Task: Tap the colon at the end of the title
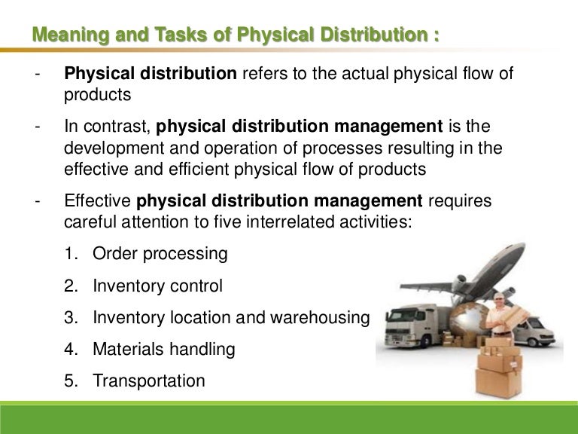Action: click(436, 35)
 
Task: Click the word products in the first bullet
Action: click(97, 96)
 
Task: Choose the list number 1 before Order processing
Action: click(69, 253)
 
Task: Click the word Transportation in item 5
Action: click(149, 381)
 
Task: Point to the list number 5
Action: click(69, 381)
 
